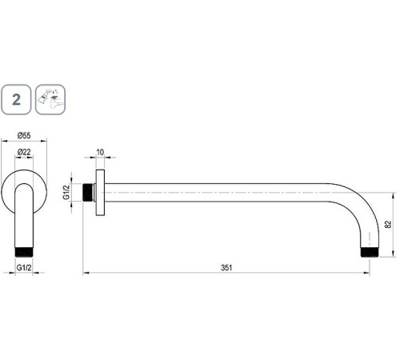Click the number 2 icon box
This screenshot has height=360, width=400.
click(16, 99)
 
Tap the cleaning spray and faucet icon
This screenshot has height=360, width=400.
click(50, 99)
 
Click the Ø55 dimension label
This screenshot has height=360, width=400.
click(24, 135)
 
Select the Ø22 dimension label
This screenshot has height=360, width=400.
click(24, 152)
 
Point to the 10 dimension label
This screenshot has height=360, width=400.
click(100, 152)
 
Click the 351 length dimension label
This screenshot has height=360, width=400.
click(226, 267)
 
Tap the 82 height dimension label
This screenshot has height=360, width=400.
click(388, 224)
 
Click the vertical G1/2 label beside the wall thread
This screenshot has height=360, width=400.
click(66, 192)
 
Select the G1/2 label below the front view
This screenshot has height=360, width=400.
click(24, 267)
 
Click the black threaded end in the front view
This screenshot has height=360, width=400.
click(24, 252)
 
